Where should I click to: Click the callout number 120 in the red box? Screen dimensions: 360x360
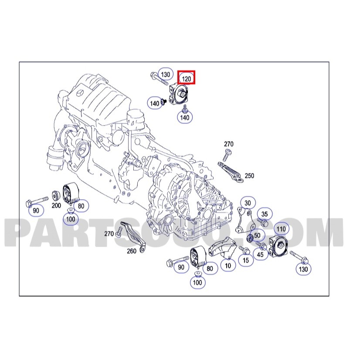(186, 79)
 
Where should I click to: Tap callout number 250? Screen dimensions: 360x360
(249, 176)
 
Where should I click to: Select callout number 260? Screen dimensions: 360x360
(132, 251)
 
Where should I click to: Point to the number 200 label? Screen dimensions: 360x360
(56, 205)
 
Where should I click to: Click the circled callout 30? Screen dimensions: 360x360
(248, 203)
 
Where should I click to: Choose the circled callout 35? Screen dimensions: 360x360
(265, 214)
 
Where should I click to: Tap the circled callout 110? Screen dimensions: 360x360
(281, 229)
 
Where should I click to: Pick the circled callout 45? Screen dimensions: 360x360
(260, 254)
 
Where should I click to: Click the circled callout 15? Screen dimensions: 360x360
(246, 260)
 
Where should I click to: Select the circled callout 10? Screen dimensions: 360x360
(228, 265)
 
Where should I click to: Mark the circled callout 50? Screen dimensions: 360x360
(258, 235)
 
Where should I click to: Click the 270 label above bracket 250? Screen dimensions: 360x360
(229, 144)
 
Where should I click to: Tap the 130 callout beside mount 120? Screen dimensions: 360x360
(165, 75)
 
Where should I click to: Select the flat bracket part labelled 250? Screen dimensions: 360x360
(231, 172)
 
